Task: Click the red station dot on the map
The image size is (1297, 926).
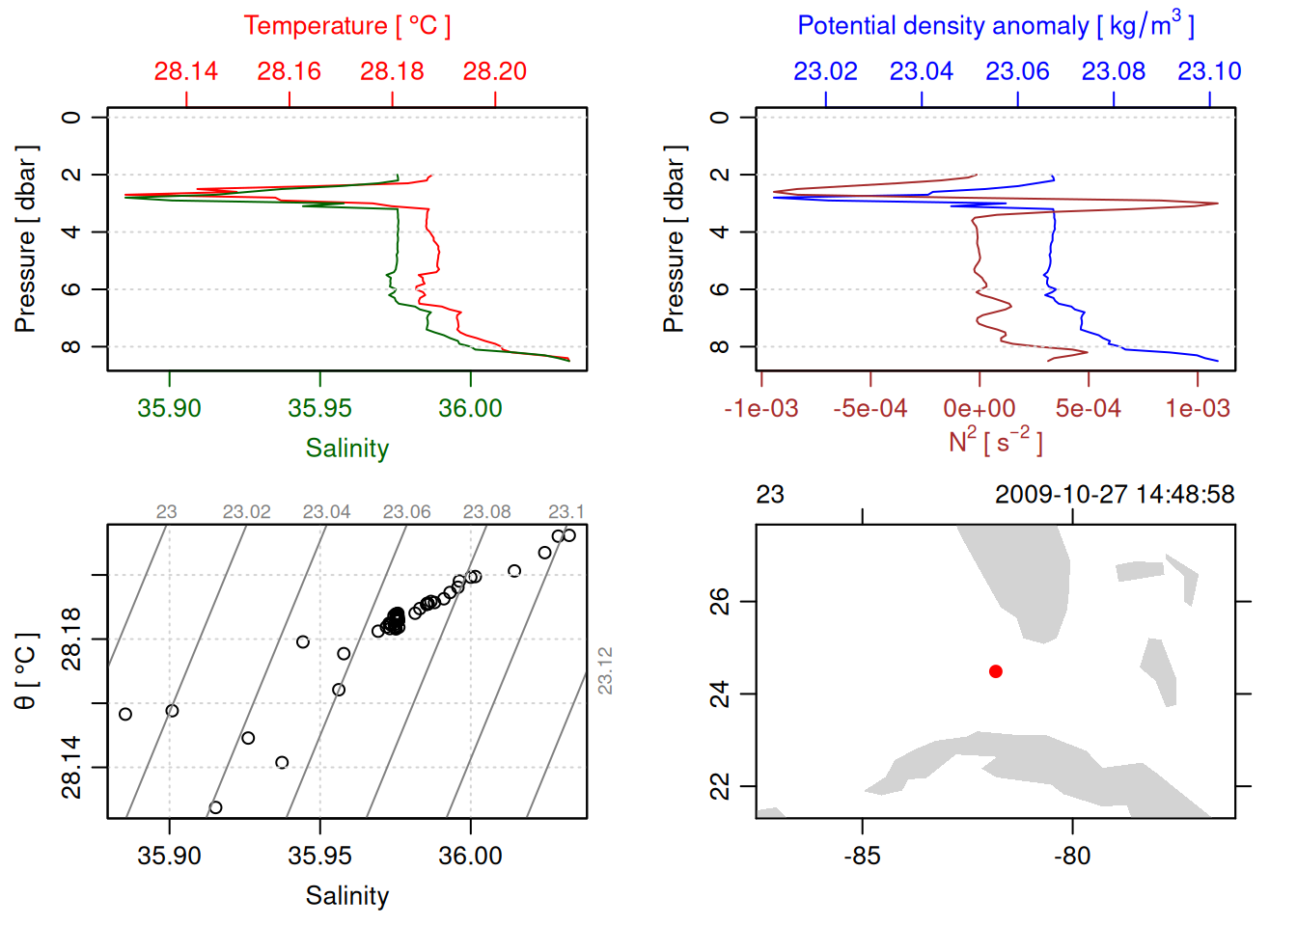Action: (x=995, y=671)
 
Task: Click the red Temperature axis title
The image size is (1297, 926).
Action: (x=346, y=26)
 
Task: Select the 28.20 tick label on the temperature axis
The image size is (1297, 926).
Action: (x=495, y=71)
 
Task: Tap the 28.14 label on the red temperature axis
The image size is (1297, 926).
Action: (x=186, y=71)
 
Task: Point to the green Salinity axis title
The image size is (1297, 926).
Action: (x=346, y=449)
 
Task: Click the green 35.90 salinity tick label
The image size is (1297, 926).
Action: (x=170, y=408)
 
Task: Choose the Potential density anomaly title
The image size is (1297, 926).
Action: (x=995, y=26)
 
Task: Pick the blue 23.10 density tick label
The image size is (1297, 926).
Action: (x=1209, y=71)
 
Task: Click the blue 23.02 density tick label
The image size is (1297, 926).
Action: (x=825, y=71)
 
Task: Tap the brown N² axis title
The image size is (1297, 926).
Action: (x=995, y=441)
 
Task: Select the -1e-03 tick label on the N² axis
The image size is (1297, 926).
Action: (x=761, y=408)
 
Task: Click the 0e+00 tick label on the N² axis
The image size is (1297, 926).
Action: (x=980, y=408)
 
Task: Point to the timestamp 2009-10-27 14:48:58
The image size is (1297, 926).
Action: (x=1115, y=495)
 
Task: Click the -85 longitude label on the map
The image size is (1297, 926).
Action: (x=862, y=856)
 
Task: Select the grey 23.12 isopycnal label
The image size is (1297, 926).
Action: (x=605, y=670)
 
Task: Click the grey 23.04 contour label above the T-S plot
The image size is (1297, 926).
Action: (x=326, y=512)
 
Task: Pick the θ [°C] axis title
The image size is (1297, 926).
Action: (x=25, y=671)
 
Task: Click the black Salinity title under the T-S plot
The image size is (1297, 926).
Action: (x=346, y=896)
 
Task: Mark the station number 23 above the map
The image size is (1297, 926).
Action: (x=770, y=495)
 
